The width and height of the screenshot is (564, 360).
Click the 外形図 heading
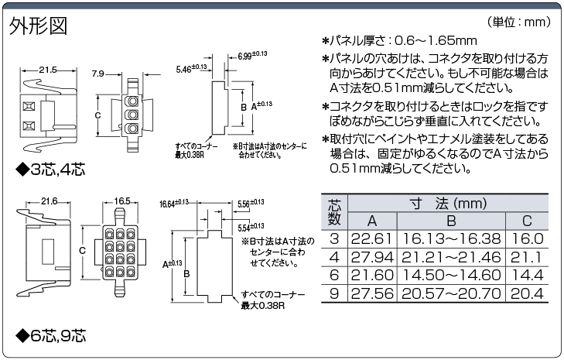(38, 26)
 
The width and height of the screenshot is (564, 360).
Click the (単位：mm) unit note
(518, 22)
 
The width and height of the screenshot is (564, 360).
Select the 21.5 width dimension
(48, 70)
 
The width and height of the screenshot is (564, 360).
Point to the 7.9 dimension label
(97, 74)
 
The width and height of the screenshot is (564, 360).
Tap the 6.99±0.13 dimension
(252, 55)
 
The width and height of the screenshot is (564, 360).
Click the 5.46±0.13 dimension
(191, 68)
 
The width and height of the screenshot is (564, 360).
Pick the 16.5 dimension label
(122, 201)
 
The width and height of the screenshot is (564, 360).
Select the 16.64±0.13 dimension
(174, 204)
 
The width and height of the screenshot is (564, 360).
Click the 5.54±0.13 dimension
(251, 227)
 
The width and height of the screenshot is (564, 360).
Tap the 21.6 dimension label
(49, 201)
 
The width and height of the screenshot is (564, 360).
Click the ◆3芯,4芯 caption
(51, 170)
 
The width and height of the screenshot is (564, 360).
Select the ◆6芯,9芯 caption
(51, 335)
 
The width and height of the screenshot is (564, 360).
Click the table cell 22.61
(371, 238)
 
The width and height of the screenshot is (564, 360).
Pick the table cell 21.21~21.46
(451, 257)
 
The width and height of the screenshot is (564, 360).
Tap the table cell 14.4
(527, 276)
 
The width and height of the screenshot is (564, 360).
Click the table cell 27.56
(372, 293)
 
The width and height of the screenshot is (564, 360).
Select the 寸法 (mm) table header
(448, 204)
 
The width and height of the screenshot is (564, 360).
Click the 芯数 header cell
(334, 211)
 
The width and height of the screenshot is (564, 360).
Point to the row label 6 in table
(334, 276)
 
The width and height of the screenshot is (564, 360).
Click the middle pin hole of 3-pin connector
(132, 115)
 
